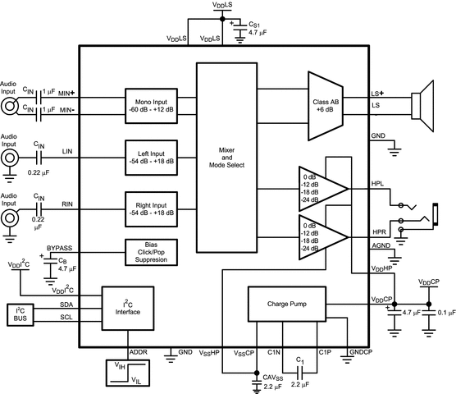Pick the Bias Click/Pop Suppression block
(150, 251)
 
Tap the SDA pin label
(67, 304)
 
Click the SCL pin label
(67, 317)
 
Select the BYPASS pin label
(60, 246)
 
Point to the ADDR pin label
(139, 352)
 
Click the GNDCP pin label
(359, 352)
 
